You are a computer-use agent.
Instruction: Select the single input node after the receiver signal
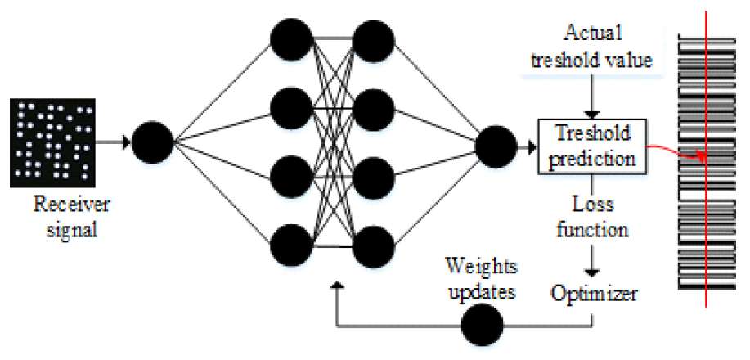point(152,142)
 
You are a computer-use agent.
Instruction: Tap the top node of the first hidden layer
point(292,38)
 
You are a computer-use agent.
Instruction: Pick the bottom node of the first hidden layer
point(292,244)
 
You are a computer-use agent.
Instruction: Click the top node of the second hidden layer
point(374,38)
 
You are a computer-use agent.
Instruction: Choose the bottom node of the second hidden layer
point(374,244)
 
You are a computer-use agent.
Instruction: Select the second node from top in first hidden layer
point(292,106)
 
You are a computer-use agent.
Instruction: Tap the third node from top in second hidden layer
point(374,175)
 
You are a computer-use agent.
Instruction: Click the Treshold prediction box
point(591,146)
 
